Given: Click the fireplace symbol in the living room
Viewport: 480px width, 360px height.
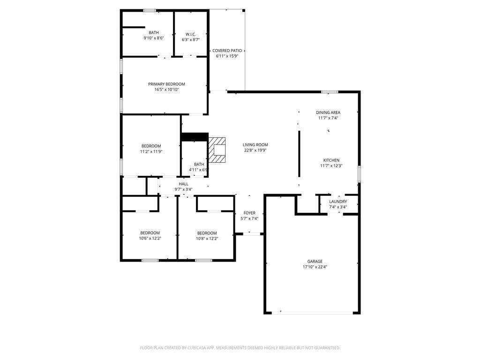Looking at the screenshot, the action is click(217, 150).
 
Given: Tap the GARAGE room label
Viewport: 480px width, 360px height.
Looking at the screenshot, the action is click(315, 262).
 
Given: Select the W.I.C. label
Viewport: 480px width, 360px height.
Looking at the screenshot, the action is click(190, 34).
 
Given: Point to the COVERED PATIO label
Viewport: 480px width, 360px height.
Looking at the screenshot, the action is click(227, 51).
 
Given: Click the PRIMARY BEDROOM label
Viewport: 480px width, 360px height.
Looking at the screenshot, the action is click(166, 84).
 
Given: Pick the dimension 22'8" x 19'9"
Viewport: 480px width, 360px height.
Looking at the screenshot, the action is click(255, 150).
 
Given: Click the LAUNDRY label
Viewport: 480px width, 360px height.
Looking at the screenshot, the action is click(338, 202).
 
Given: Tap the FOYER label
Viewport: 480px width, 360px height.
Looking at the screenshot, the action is click(249, 213).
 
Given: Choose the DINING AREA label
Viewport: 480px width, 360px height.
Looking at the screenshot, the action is click(328, 112).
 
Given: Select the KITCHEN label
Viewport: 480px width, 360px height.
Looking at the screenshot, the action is click(331, 160).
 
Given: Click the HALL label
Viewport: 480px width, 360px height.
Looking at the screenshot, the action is click(183, 184).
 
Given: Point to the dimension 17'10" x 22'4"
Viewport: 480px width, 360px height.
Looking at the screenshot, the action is click(315, 267).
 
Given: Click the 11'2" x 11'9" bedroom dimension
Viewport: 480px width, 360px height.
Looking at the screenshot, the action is click(151, 151).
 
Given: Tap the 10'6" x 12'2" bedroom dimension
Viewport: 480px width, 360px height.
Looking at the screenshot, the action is click(150, 239).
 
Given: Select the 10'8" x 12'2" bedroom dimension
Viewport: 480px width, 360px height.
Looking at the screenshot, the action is click(207, 239).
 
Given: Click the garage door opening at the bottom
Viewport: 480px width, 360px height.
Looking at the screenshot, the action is click(312, 313).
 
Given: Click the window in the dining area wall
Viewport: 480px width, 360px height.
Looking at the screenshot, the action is click(330, 92).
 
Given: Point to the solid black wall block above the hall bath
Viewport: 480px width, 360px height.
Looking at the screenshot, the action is click(195, 137).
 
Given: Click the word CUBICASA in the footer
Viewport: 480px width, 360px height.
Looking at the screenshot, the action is click(198, 348).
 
